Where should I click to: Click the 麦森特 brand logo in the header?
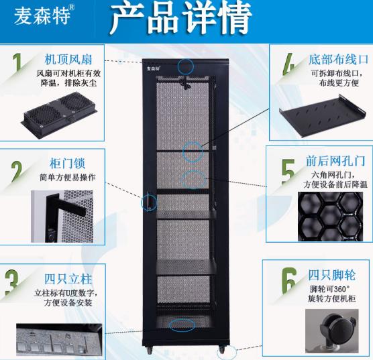click(x=42, y=16)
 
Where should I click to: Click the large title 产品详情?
click(x=180, y=19)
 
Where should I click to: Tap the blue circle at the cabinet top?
click(x=186, y=66)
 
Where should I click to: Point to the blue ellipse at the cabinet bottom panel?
click(x=182, y=325)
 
